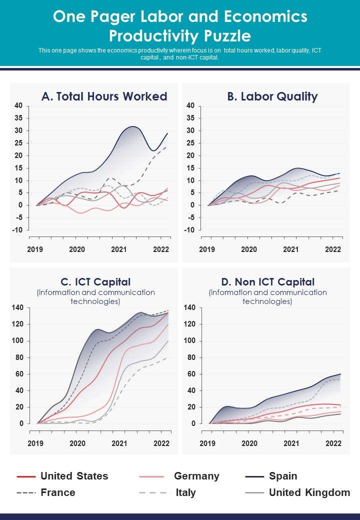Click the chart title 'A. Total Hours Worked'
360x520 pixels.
click(104, 96)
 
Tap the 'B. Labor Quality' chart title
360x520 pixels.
click(272, 96)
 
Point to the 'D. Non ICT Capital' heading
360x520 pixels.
click(267, 282)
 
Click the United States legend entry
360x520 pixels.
click(74, 476)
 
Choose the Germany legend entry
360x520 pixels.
click(196, 476)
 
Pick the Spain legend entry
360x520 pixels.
click(283, 476)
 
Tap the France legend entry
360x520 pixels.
click(57, 492)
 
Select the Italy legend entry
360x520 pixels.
click(185, 492)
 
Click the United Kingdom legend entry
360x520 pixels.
click(309, 492)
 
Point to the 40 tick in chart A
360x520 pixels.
click(18, 105)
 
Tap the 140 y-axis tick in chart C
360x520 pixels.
click(18, 308)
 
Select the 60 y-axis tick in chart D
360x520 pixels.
click(190, 374)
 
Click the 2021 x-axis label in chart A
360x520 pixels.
click(118, 249)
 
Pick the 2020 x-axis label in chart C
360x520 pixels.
click(77, 443)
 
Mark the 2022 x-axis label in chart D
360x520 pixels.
click(333, 443)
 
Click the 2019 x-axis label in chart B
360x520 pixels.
click(207, 249)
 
